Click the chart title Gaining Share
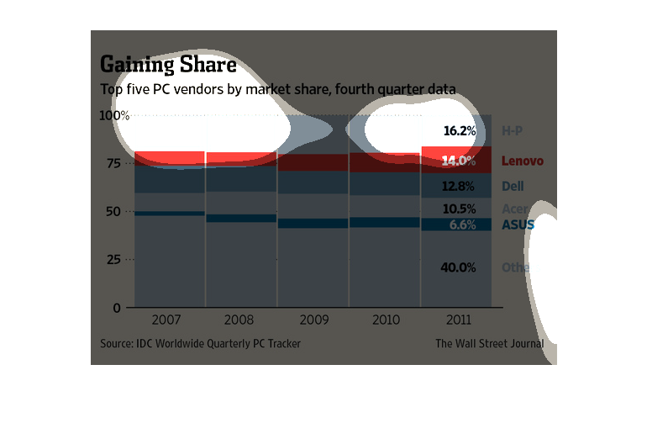[168, 65]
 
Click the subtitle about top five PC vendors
[278, 88]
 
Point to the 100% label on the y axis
[115, 115]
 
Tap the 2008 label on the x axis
[240, 320]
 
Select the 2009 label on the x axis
[313, 320]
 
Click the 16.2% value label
[460, 131]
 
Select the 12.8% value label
[460, 186]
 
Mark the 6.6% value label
[462, 225]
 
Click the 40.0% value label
[460, 267]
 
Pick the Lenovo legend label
[523, 161]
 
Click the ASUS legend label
[518, 225]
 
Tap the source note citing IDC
[200, 343]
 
